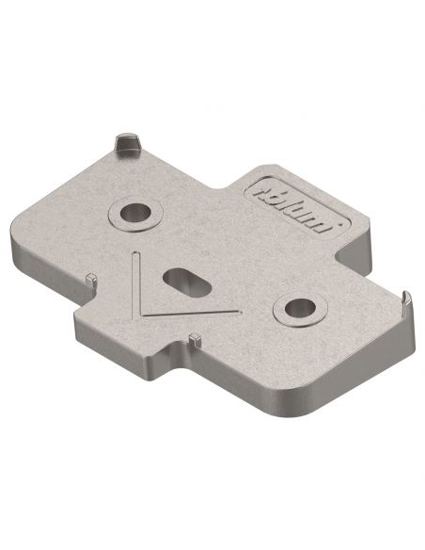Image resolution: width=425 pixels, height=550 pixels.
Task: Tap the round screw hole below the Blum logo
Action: pos(301,306)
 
